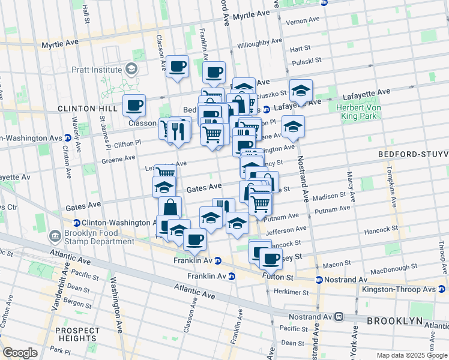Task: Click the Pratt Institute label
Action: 97,70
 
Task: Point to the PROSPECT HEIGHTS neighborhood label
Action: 77,335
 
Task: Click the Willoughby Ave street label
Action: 259,44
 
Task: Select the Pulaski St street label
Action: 309,62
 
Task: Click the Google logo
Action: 20,353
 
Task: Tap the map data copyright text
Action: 412,355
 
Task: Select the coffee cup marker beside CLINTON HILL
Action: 134,105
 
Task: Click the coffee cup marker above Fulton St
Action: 271,258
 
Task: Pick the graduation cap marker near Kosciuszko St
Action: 301,91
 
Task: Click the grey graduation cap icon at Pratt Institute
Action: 130,70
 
